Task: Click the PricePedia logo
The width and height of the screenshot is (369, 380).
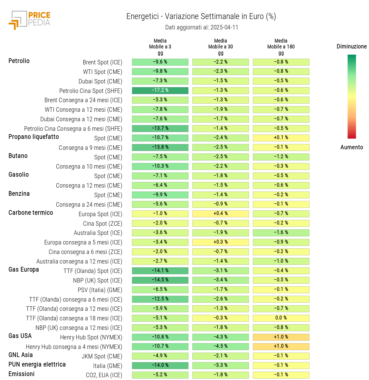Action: click(30, 20)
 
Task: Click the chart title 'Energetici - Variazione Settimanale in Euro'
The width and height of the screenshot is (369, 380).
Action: click(201, 17)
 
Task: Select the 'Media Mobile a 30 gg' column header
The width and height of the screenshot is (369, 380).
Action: click(221, 47)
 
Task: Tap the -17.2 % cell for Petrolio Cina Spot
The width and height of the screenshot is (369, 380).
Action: click(160, 90)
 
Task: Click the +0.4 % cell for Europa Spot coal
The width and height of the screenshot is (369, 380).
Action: click(221, 214)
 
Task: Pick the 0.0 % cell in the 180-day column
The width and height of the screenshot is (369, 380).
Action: click(281, 318)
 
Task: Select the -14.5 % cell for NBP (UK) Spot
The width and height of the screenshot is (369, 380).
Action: click(160, 280)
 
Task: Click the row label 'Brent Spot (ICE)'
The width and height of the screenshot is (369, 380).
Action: click(102, 62)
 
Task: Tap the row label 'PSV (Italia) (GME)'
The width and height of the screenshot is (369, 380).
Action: click(100, 290)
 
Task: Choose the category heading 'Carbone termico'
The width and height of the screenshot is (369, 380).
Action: click(31, 213)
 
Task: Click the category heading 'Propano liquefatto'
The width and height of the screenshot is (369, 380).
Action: click(34, 137)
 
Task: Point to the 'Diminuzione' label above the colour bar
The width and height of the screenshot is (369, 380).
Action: click(351, 46)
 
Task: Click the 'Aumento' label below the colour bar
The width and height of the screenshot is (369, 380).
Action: click(351, 147)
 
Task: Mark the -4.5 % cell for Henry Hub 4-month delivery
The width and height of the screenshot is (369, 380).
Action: click(221, 346)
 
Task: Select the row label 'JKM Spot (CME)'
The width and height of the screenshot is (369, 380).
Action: click(102, 356)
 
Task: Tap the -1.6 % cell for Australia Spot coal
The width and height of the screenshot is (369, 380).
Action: click(281, 233)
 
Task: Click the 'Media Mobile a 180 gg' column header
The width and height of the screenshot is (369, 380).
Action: click(281, 47)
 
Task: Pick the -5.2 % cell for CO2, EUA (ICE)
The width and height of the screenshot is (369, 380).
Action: click(160, 375)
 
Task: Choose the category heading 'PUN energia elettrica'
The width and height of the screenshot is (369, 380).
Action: click(37, 365)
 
